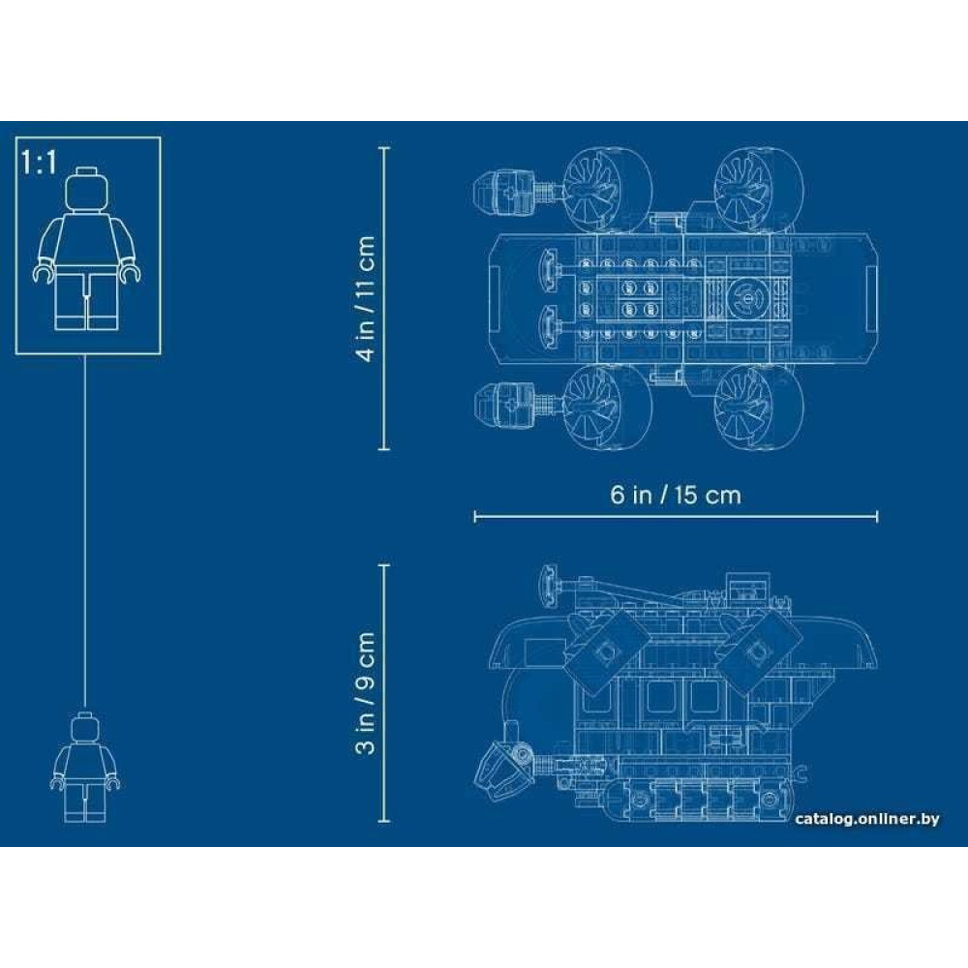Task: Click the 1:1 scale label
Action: (x=39, y=163)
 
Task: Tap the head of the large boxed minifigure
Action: (x=86, y=189)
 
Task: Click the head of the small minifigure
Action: (x=85, y=728)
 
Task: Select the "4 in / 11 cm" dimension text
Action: (x=366, y=299)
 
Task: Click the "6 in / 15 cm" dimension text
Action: (x=676, y=495)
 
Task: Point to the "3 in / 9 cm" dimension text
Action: (x=366, y=693)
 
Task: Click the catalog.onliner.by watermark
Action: (x=866, y=819)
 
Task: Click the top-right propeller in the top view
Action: (x=759, y=190)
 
